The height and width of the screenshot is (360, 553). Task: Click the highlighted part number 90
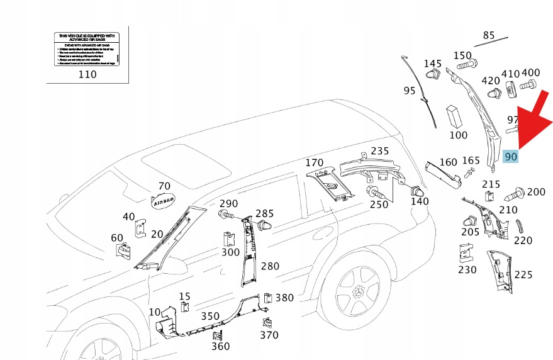pos(511,156)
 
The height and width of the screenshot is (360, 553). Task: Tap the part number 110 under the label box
pos(87,74)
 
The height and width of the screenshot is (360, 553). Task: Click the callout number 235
pos(379,151)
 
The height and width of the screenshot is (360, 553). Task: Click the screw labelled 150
pos(464,65)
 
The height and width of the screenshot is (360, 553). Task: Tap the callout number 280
pos(270,266)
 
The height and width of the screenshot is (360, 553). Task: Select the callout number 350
pos(210,316)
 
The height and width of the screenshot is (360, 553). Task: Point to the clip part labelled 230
pos(466,253)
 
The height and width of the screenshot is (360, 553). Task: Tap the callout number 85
pos(489,35)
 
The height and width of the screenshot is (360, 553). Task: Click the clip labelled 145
pos(433,77)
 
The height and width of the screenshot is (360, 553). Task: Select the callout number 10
pos(154,312)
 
